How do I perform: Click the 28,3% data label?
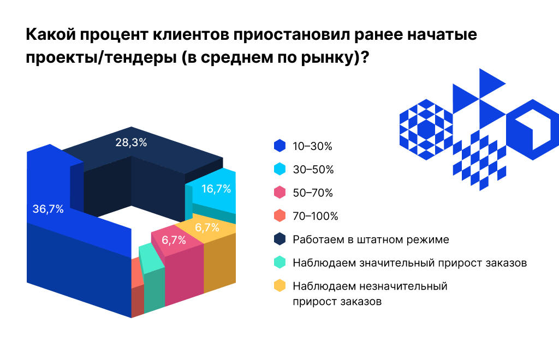[x=131, y=143]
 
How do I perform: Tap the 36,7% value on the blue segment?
[x=48, y=209]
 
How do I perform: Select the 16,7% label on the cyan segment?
[x=216, y=189]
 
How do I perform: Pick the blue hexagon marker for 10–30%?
[x=279, y=146]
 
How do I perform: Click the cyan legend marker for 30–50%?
[x=279, y=169]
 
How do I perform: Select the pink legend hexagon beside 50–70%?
[x=279, y=193]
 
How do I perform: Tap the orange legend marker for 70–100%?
[x=279, y=216]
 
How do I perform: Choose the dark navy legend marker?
[x=279, y=239]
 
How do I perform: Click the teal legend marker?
[x=279, y=262]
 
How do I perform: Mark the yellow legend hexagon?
[x=279, y=286]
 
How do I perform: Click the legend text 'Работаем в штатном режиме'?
[x=371, y=239]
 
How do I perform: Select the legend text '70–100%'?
[x=316, y=216]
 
